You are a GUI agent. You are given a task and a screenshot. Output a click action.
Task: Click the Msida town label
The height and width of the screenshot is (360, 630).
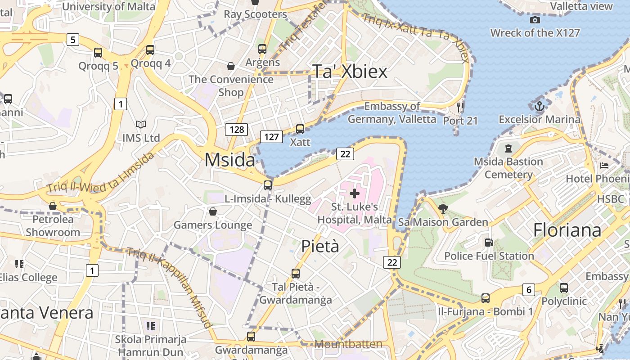(x=229, y=160)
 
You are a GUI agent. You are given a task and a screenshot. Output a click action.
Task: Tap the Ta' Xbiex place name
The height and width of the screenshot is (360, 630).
(x=350, y=71)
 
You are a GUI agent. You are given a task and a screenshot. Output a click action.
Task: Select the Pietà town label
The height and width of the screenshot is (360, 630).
(x=320, y=246)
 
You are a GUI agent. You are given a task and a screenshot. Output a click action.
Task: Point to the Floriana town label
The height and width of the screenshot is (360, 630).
(x=567, y=230)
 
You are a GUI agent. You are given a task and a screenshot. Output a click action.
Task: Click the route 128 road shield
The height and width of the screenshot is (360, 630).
(x=237, y=130)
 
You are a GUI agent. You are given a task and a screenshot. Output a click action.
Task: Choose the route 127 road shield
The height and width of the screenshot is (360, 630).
(x=271, y=137)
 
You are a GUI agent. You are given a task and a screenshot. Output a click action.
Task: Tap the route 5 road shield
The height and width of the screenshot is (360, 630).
(x=73, y=40)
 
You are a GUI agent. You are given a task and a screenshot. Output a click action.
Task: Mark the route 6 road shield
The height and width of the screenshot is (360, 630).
(x=529, y=290)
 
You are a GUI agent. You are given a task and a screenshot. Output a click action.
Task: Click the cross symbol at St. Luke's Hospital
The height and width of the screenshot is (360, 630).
(x=355, y=193)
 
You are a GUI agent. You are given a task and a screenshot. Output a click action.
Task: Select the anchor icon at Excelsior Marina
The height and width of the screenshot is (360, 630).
(x=539, y=107)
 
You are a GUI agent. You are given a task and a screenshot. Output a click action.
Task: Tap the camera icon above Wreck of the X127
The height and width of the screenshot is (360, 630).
(x=535, y=20)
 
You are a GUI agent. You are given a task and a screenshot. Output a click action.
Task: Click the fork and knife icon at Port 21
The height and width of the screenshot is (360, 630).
(x=460, y=107)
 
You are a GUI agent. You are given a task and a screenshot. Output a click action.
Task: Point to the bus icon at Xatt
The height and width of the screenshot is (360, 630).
(x=300, y=129)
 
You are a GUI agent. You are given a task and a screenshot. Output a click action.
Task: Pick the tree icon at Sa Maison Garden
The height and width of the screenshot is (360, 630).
(x=443, y=208)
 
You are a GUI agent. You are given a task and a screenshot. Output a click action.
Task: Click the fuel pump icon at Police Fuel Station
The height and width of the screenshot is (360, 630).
(x=489, y=243)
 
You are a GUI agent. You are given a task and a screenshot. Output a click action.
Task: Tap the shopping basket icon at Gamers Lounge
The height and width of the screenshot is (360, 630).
(x=213, y=211)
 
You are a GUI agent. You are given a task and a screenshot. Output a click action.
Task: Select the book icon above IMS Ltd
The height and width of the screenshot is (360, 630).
(x=141, y=124)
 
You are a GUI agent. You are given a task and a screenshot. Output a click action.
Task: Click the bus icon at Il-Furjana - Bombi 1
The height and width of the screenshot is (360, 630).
(x=486, y=298)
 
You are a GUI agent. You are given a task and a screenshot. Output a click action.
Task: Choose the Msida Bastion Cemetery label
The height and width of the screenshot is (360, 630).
(x=508, y=168)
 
